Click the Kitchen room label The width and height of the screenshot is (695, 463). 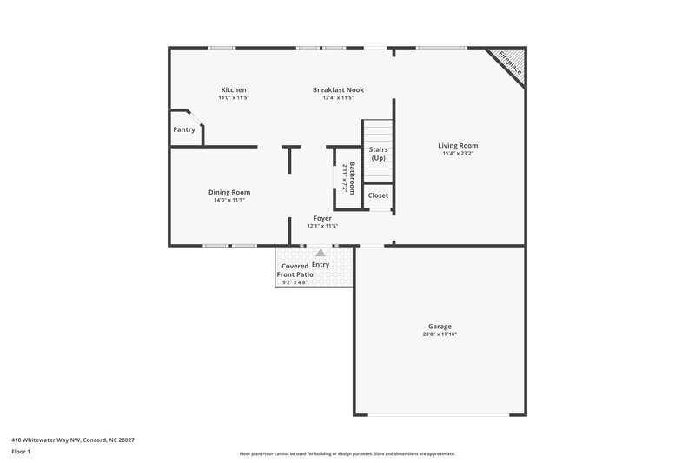pos(234,89)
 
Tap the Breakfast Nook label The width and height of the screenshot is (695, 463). pos(338,89)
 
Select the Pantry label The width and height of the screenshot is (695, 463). pos(184,129)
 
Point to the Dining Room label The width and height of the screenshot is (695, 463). pos(229,192)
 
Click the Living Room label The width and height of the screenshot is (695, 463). pos(458,146)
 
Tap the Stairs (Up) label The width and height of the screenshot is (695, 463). pos(379,154)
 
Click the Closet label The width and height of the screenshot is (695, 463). pos(379,195)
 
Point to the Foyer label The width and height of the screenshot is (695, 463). pos(322,218)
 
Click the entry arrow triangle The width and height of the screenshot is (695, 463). pos(321,253)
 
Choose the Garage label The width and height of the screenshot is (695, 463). pos(440,327)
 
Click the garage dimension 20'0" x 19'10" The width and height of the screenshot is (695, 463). pos(440,334)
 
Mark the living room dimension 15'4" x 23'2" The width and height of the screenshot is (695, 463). pos(458,154)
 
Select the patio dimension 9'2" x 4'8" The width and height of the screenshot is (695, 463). pos(295,282)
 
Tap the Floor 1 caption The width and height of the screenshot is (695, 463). pos(22,452)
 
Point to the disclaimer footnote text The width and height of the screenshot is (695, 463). pos(347,453)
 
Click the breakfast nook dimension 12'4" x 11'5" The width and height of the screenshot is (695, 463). pos(338,98)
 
